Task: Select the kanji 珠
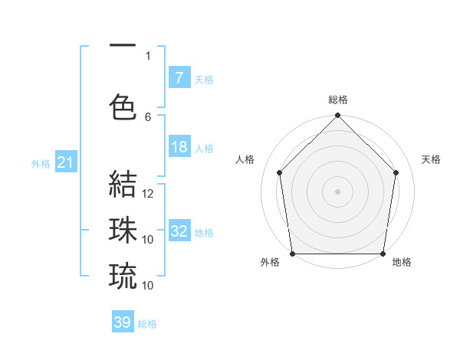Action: [x=123, y=230]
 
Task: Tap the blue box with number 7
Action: [x=179, y=78]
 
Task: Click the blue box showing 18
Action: [x=179, y=147]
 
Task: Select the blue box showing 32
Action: [x=179, y=232]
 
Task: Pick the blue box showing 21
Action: [x=65, y=162]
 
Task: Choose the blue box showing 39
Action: [x=123, y=322]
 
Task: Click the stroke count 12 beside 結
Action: [x=149, y=194]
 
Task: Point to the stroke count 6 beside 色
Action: [x=148, y=116]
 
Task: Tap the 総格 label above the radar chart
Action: [x=337, y=100]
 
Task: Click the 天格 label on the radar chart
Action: [x=431, y=159]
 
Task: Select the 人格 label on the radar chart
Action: [x=245, y=159]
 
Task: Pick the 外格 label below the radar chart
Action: [x=270, y=262]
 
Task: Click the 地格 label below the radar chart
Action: [x=402, y=262]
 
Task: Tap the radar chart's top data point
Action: [x=337, y=116]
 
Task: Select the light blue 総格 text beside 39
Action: [x=147, y=324]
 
